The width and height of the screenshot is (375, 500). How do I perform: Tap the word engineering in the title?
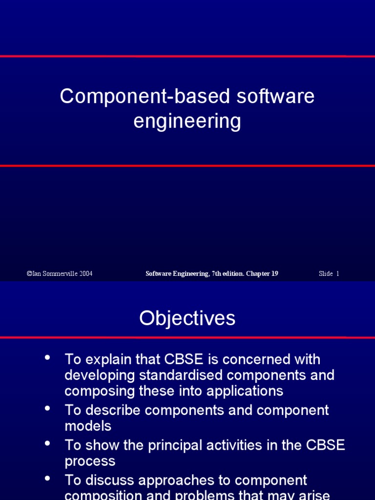[187, 121]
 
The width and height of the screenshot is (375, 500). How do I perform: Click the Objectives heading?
[187, 318]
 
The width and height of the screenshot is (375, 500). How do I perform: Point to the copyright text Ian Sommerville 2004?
[60, 274]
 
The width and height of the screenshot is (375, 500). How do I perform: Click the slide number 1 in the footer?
[337, 274]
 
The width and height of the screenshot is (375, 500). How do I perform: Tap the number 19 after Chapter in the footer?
[274, 274]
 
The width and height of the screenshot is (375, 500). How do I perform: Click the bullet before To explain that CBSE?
[47, 357]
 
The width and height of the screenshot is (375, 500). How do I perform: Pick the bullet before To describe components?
[47, 408]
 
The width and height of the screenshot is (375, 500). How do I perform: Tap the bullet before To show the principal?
[47, 443]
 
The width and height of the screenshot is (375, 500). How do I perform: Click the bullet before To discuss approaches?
[47, 479]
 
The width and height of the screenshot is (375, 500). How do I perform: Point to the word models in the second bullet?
[88, 426]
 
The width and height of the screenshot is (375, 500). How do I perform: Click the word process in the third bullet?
[90, 461]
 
